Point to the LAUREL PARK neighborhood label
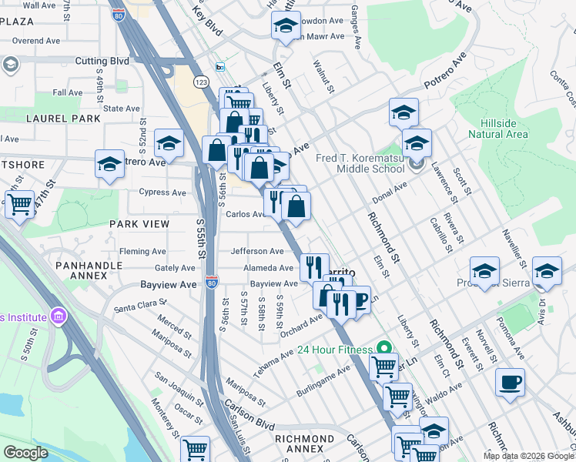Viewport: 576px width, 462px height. tap(63, 119)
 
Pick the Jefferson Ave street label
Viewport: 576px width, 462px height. tap(257, 251)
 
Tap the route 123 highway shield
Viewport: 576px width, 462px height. tap(201, 81)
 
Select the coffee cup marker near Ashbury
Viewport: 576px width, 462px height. tap(509, 382)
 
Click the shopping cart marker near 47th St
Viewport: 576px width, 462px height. tap(19, 204)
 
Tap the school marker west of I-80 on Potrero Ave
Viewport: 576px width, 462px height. tap(109, 164)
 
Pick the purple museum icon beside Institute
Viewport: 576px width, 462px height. tap(57, 316)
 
